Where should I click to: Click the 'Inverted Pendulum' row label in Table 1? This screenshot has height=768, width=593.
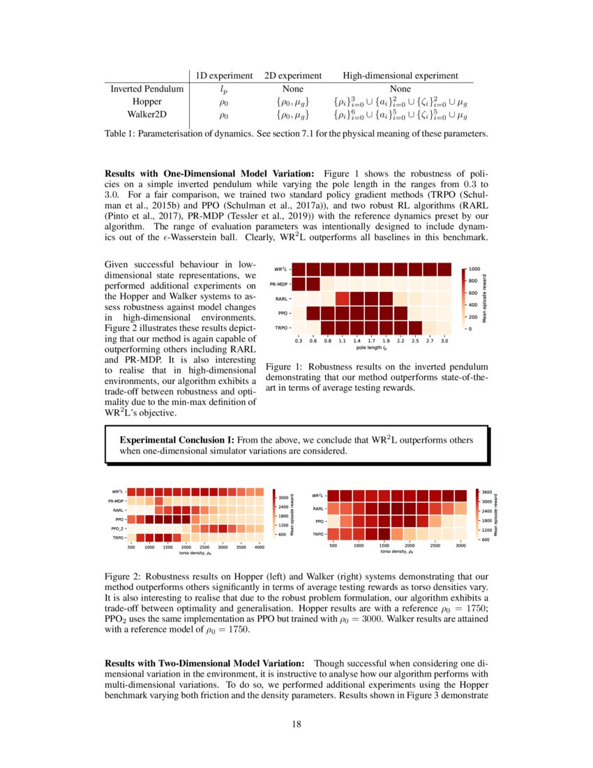click(147, 89)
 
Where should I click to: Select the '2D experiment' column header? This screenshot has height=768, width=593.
click(293, 75)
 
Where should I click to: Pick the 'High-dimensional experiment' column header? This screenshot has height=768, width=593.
click(400, 75)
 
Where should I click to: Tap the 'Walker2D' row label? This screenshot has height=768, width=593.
click(147, 114)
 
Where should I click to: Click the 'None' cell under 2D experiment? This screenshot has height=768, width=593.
click(293, 89)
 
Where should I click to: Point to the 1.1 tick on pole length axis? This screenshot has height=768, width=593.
click(342, 341)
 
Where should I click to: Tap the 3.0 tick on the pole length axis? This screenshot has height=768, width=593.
click(444, 341)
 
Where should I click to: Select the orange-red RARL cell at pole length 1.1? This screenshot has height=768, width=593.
click(342, 299)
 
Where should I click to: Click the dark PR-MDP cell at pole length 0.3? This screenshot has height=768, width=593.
click(298, 284)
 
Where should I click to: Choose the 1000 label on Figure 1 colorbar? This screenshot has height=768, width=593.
click(474, 268)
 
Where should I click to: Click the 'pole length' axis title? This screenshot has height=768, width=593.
click(371, 348)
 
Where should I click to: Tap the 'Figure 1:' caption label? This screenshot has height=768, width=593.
click(283, 367)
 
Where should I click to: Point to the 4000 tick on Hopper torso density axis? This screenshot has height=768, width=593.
click(259, 547)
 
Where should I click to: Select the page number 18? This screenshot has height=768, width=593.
click(296, 723)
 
